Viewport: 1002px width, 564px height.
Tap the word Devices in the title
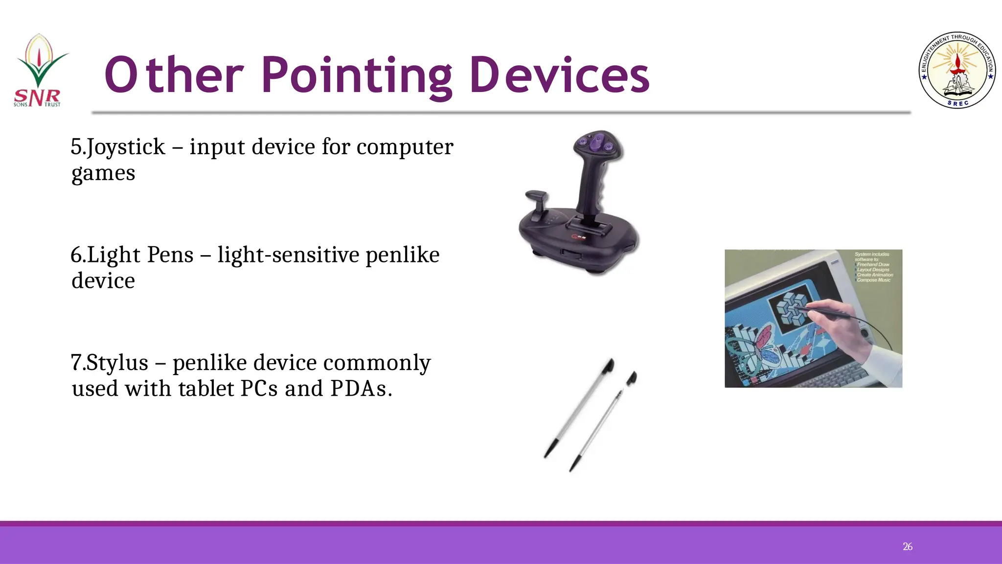point(559,75)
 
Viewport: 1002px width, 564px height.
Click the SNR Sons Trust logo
point(38,70)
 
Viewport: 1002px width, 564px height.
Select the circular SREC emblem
point(957,70)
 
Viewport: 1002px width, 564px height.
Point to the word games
point(103,173)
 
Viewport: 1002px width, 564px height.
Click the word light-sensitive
point(289,255)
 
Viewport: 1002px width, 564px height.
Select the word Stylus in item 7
point(117,363)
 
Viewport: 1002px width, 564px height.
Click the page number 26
point(907,546)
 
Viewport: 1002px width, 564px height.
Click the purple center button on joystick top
point(595,143)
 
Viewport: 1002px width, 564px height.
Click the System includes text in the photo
point(872,257)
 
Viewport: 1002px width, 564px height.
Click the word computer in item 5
point(405,147)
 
